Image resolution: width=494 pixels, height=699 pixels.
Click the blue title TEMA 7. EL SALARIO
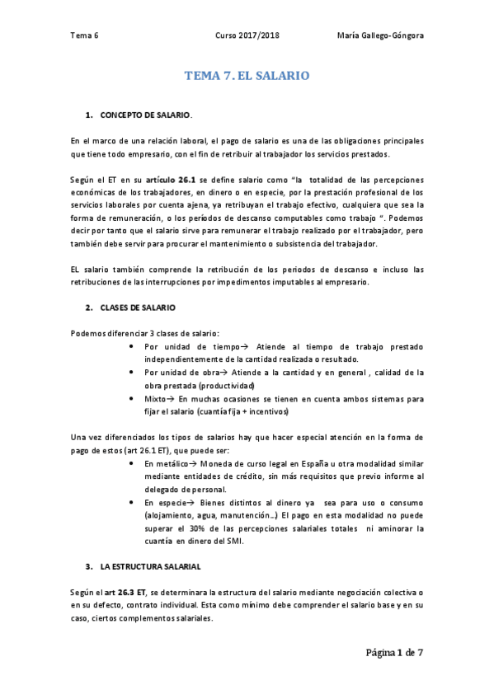(x=247, y=76)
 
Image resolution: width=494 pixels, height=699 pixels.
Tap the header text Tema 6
(x=84, y=35)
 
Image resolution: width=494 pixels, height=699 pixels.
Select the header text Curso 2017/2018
(x=247, y=35)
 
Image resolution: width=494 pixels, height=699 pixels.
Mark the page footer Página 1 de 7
(x=395, y=654)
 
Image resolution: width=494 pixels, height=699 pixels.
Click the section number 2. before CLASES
(x=88, y=307)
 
